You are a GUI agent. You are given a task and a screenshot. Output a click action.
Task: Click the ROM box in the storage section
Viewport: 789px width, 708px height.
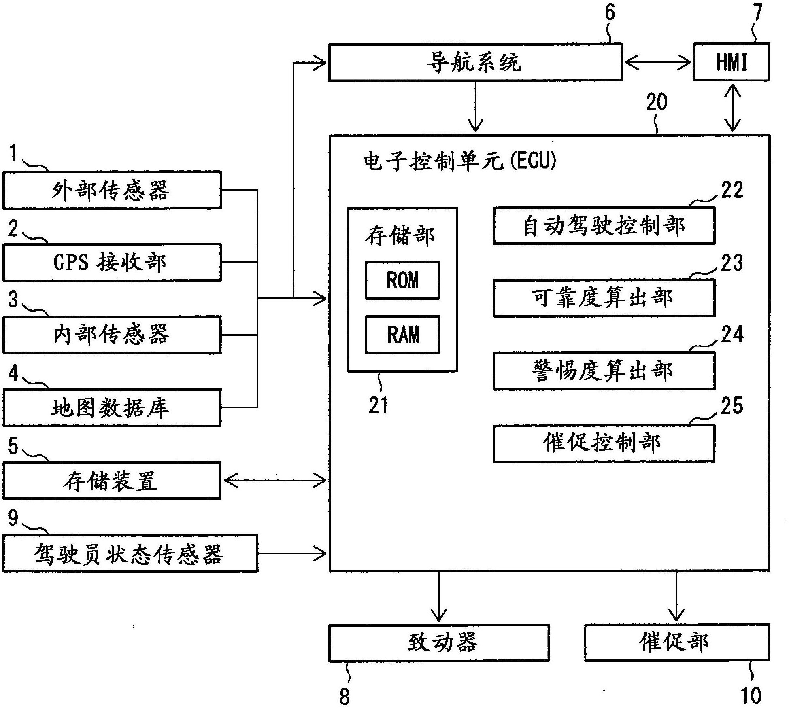point(402,280)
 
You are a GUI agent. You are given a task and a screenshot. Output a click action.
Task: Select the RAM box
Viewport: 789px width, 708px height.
point(402,335)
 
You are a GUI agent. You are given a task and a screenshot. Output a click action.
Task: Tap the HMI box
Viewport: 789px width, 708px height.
point(731,62)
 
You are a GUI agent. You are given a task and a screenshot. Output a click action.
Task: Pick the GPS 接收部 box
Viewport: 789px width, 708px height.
point(112,262)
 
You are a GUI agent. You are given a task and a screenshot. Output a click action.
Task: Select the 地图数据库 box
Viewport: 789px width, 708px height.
point(112,407)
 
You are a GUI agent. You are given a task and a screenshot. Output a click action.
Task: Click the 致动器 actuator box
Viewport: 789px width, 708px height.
point(439,643)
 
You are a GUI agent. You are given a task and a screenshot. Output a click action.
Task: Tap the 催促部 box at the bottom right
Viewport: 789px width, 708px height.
point(676,643)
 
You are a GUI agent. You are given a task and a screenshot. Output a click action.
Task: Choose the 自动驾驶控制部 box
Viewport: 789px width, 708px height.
point(604,226)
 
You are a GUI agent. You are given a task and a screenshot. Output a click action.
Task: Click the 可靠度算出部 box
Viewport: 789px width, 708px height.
point(604,298)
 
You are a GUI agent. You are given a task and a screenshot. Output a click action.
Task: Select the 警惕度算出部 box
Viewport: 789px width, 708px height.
point(604,371)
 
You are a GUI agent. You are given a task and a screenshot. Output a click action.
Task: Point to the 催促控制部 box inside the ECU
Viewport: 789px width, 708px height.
point(604,443)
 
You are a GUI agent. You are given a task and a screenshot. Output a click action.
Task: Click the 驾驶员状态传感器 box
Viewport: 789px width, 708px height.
point(130,553)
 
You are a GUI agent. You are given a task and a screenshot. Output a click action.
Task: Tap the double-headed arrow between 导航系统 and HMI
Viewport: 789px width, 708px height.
point(658,62)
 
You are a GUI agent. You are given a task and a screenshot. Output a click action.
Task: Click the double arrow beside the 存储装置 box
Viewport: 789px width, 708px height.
point(275,481)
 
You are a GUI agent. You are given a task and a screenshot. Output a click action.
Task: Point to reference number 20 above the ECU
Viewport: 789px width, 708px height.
point(656,102)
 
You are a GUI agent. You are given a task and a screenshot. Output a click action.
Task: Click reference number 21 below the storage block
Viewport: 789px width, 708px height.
point(378,405)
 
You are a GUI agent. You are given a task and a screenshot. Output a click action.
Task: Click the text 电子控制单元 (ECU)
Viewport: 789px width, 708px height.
point(459,161)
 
